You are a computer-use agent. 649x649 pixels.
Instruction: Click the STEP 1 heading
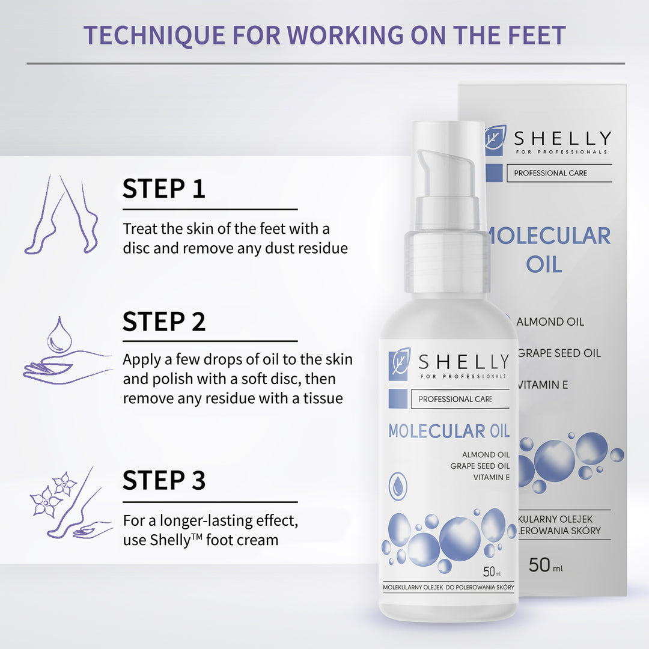click(164, 188)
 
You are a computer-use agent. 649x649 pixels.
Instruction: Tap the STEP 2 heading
click(164, 321)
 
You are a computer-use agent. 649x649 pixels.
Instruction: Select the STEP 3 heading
click(164, 480)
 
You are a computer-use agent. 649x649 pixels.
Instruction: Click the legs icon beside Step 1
click(61, 215)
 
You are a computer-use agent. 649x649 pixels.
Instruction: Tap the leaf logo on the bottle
click(400, 363)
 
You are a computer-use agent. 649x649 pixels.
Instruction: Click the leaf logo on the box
click(496, 141)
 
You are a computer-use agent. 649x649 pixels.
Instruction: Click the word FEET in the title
click(534, 35)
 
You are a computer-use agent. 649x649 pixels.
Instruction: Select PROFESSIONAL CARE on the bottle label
click(455, 399)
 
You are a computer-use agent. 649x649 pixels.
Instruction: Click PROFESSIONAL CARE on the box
click(550, 173)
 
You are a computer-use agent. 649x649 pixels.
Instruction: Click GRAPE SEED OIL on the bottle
click(480, 466)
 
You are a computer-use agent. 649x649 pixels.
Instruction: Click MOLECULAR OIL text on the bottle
click(448, 431)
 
